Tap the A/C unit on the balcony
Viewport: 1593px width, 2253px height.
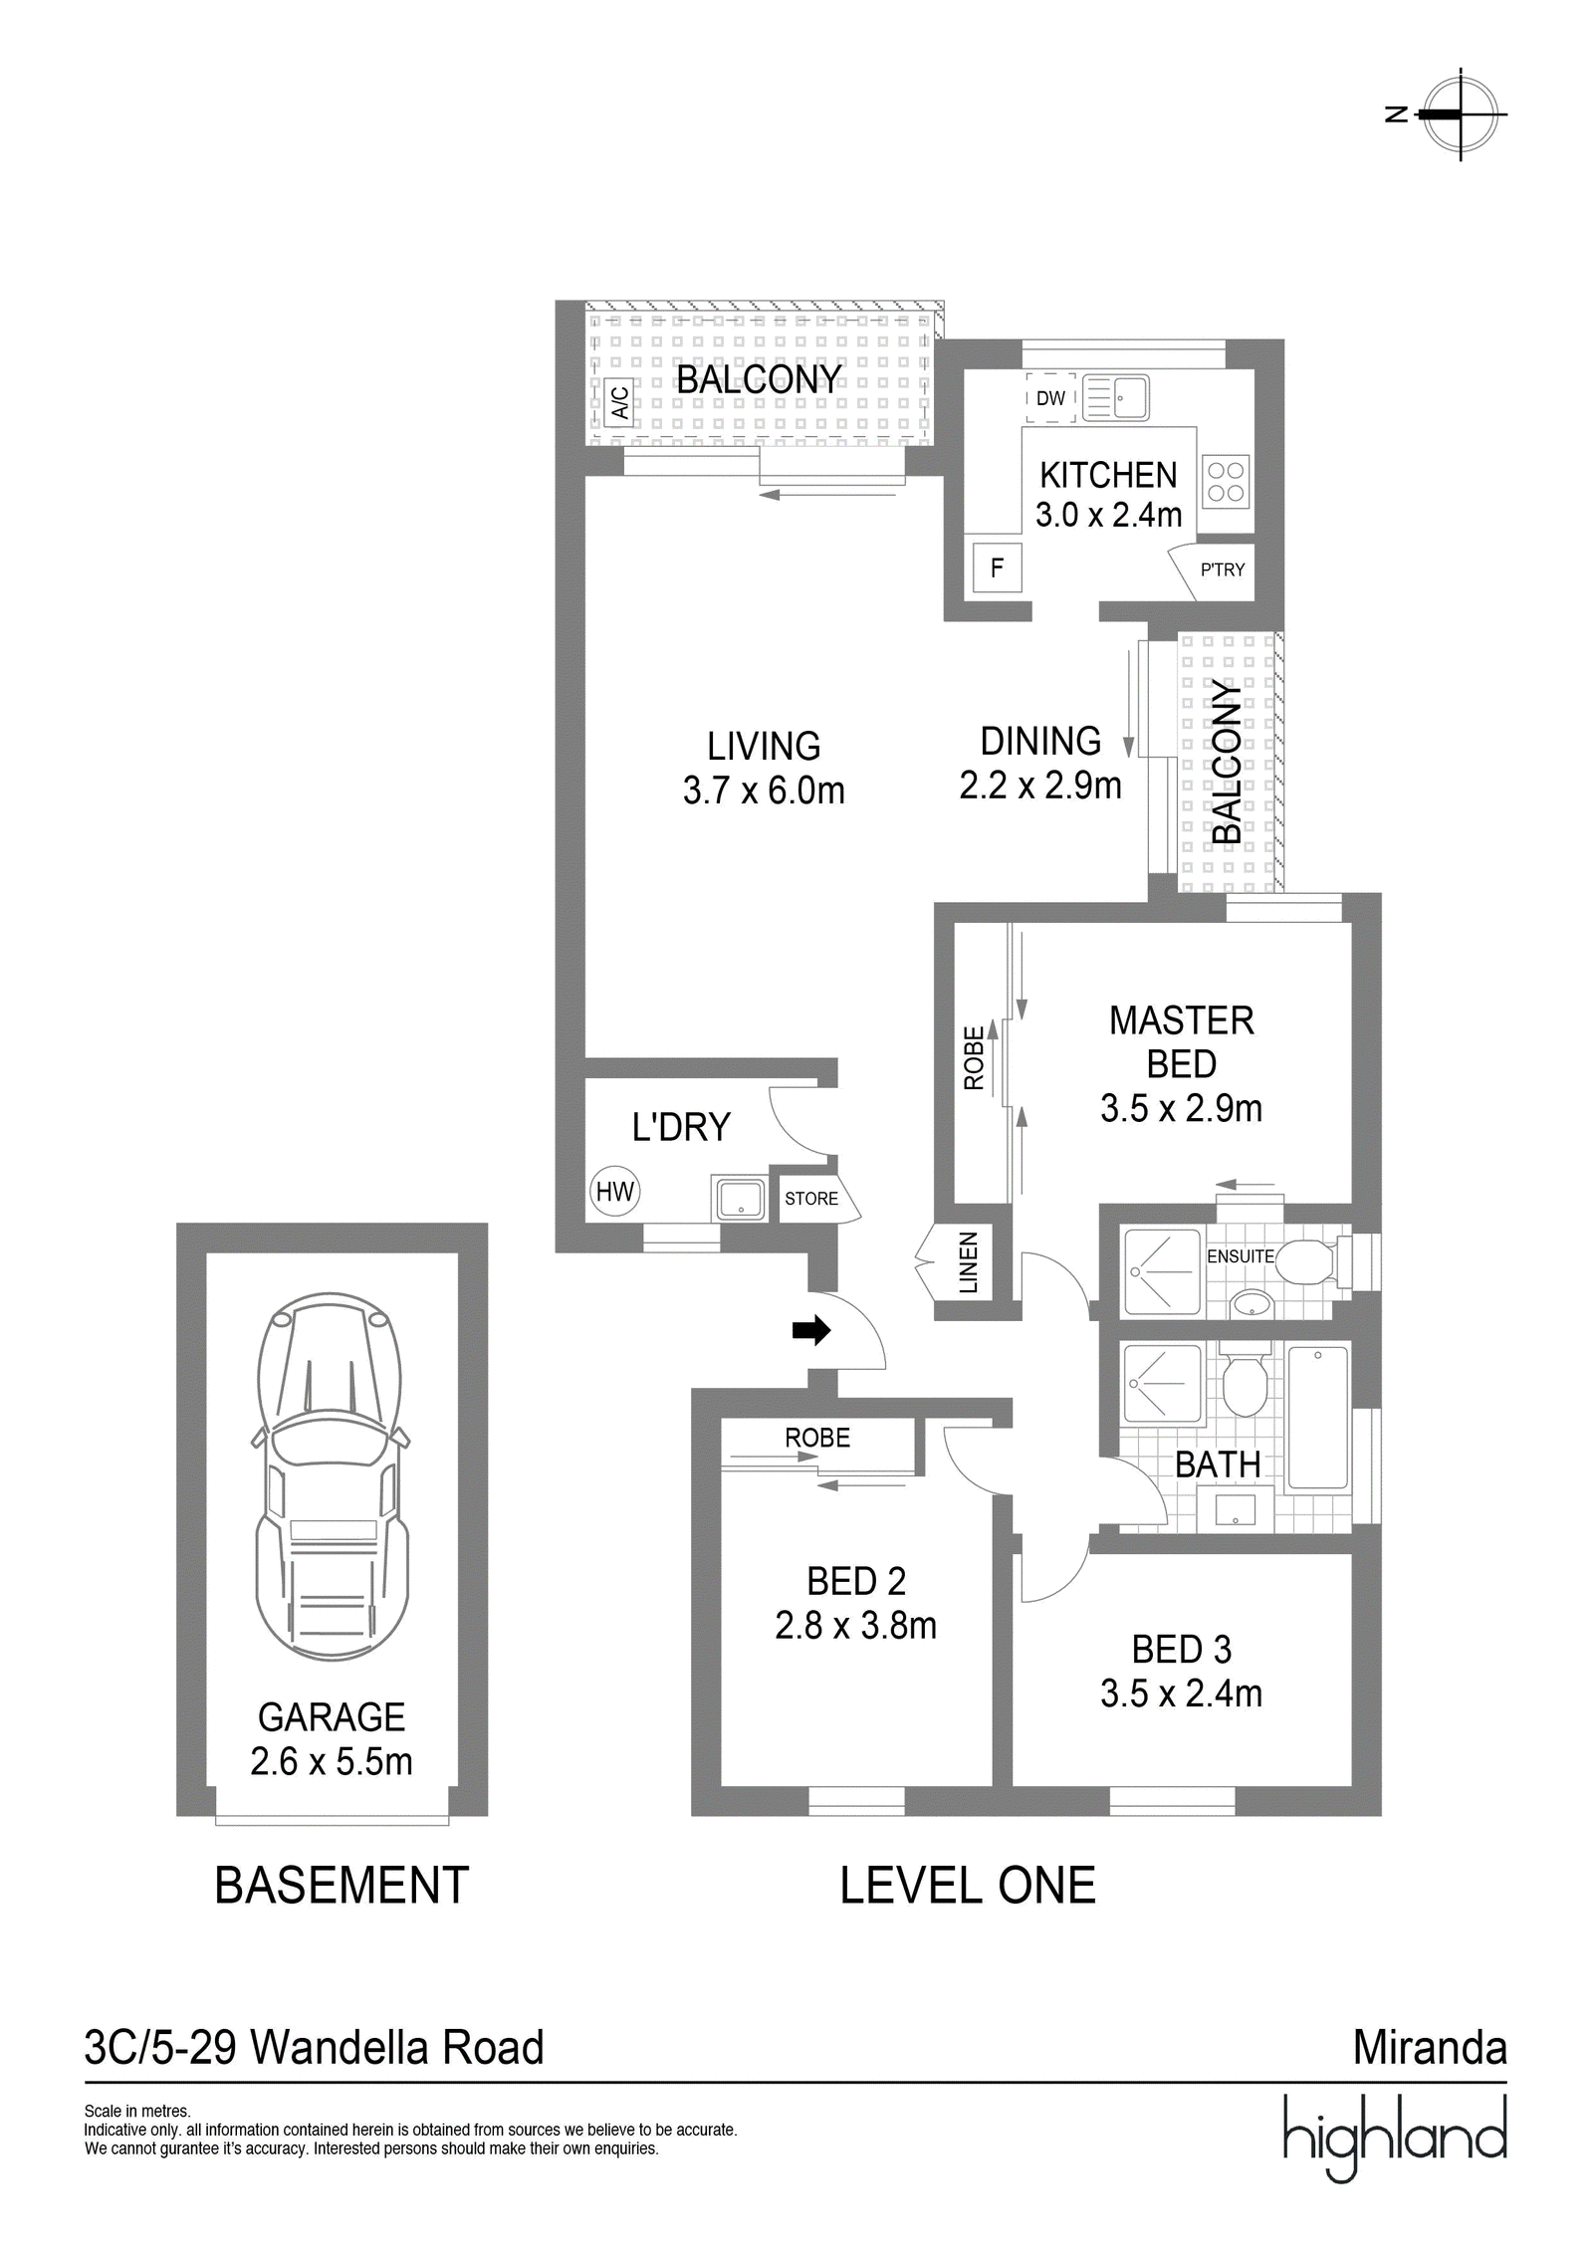click(x=618, y=402)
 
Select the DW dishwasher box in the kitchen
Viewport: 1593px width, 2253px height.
click(x=1049, y=398)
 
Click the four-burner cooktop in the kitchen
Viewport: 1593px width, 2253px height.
click(x=1226, y=481)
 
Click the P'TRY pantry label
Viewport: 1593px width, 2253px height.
click(x=1222, y=570)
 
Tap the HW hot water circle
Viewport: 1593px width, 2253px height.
click(x=614, y=1192)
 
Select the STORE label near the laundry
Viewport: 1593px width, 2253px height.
click(x=810, y=1199)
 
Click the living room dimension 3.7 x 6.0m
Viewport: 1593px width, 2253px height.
click(x=764, y=790)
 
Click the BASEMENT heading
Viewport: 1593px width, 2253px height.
click(x=341, y=1886)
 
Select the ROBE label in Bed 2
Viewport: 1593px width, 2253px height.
click(x=817, y=1438)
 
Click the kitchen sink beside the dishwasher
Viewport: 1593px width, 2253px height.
click(x=1115, y=398)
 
